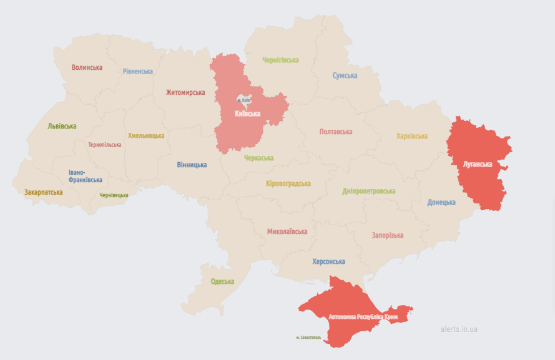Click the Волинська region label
(87, 67)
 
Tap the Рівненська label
(137, 71)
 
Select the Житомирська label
(185, 92)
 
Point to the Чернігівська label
(280, 60)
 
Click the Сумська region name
(345, 75)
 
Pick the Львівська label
(62, 126)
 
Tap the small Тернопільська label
(105, 145)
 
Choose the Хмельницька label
(146, 135)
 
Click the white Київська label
(247, 114)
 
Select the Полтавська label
(335, 132)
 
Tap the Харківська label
(411, 136)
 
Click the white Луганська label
(477, 165)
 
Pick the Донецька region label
(441, 202)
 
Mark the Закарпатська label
(43, 192)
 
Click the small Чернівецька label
(114, 195)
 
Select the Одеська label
(222, 281)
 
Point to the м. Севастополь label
(308, 338)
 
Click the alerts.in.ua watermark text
(459, 329)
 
